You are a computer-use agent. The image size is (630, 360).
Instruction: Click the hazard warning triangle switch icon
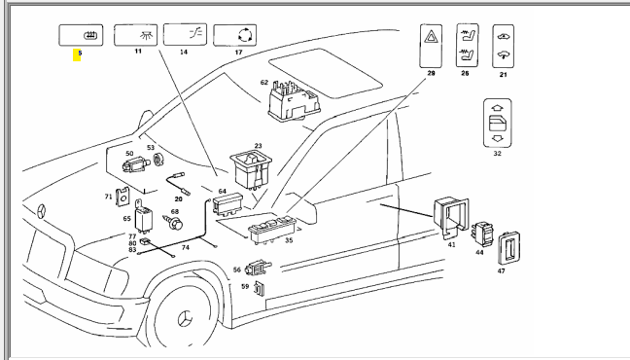pyautogui.click(x=431, y=46)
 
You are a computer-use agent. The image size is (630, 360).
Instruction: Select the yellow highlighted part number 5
pyautogui.click(x=77, y=54)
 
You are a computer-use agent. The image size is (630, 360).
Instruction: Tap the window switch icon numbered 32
pyautogui.click(x=498, y=124)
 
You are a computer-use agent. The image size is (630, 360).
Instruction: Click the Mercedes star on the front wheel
pyautogui.click(x=186, y=320)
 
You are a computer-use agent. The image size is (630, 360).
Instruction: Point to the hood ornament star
pyautogui.click(x=42, y=212)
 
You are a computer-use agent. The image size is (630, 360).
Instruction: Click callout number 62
pyautogui.click(x=264, y=83)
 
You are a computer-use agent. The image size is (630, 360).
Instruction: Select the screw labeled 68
pyautogui.click(x=173, y=222)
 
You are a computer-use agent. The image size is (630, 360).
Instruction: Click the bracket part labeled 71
pyautogui.click(x=122, y=198)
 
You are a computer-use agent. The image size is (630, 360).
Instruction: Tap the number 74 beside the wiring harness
pyautogui.click(x=186, y=247)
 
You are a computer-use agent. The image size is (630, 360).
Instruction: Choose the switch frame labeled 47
pyautogui.click(x=509, y=249)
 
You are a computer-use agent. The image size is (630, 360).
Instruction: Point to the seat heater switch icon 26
pyautogui.click(x=468, y=45)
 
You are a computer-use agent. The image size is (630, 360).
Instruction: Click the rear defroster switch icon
pyautogui.click(x=81, y=35)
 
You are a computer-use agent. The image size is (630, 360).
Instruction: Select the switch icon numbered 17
pyautogui.click(x=234, y=35)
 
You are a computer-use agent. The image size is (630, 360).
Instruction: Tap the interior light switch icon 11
pyautogui.click(x=135, y=35)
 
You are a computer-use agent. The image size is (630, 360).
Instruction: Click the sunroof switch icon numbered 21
pyautogui.click(x=503, y=47)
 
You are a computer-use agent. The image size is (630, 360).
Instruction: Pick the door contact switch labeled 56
pyautogui.click(x=258, y=268)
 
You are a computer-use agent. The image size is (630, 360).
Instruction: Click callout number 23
pyautogui.click(x=258, y=146)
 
